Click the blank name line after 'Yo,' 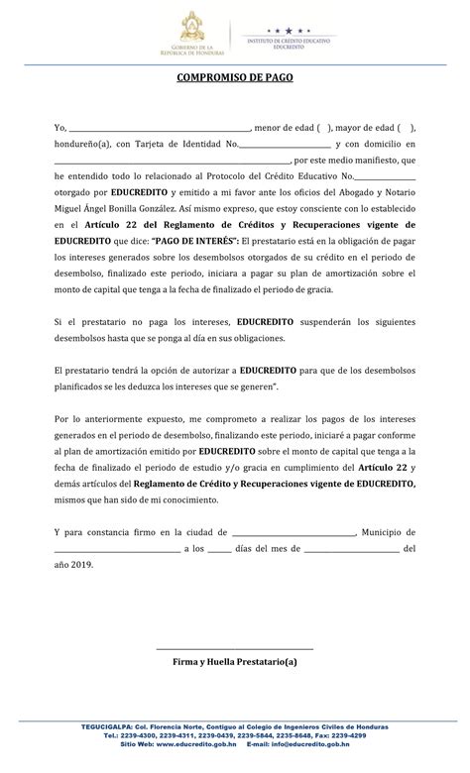(159, 129)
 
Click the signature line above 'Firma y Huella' (235, 648)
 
